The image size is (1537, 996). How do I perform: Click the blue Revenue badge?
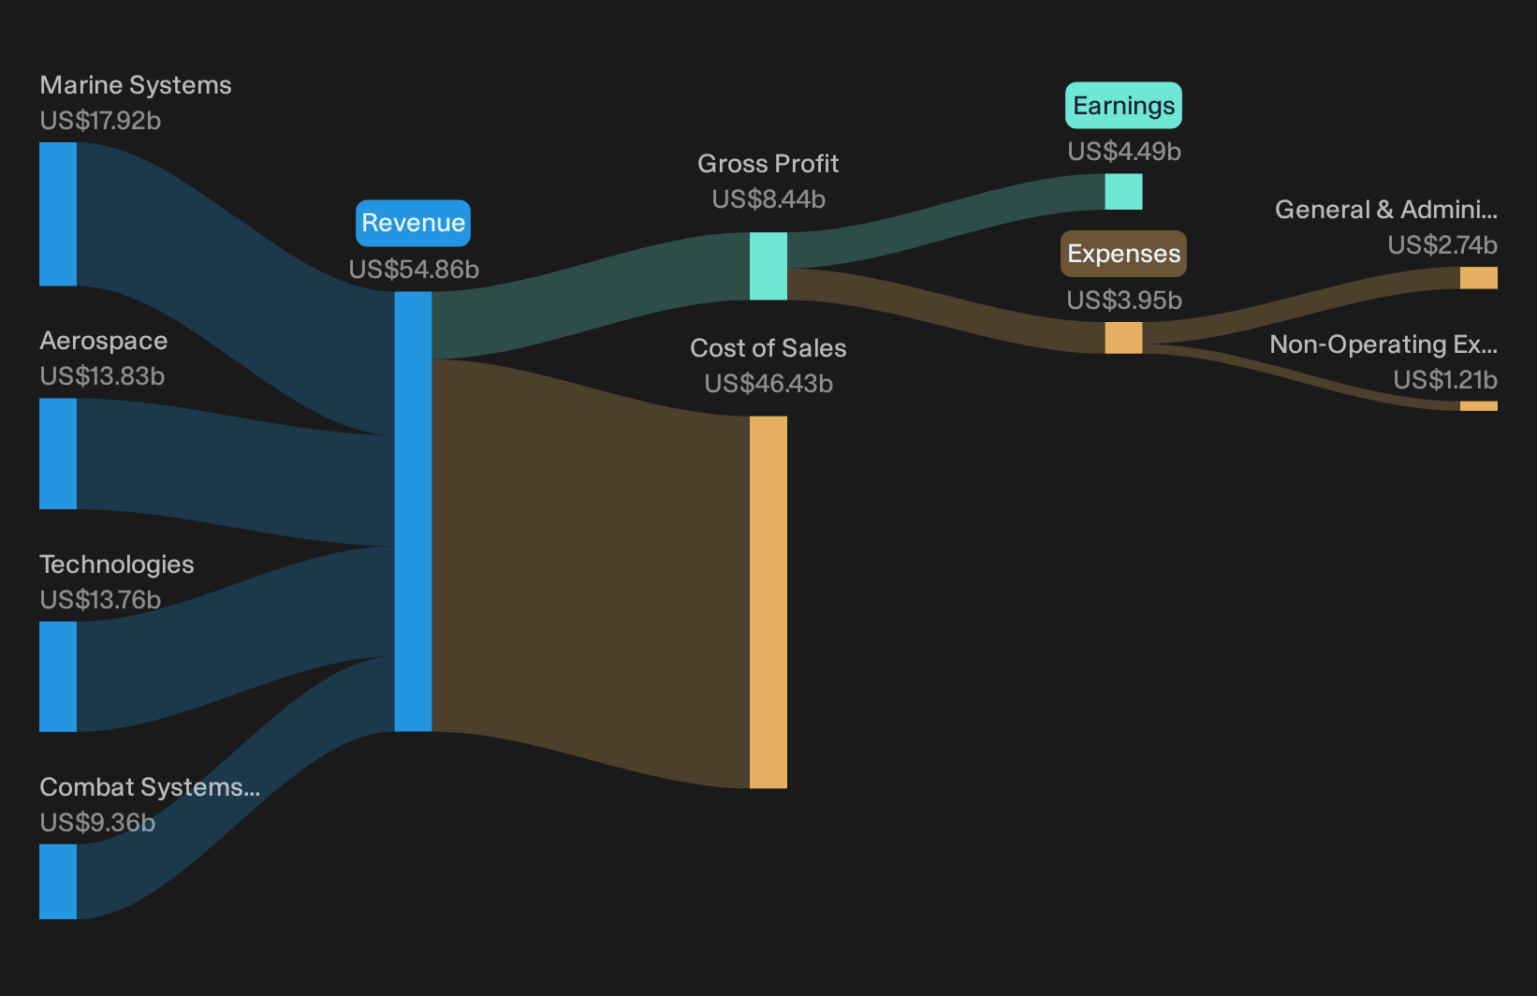click(x=413, y=223)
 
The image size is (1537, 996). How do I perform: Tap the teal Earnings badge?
click(x=1123, y=106)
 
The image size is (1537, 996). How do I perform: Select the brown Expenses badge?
click(x=1123, y=254)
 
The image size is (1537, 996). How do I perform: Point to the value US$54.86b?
click(x=414, y=269)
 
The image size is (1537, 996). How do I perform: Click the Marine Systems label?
click(x=135, y=86)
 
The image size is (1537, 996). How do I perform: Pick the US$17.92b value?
click(x=100, y=121)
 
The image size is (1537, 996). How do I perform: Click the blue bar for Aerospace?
click(x=58, y=454)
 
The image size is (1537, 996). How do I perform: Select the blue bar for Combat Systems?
click(x=58, y=882)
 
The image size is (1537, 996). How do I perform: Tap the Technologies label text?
click(x=117, y=564)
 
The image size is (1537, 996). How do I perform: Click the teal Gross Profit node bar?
click(x=768, y=267)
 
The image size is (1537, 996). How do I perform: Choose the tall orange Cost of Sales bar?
click(x=768, y=602)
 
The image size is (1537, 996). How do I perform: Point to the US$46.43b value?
click(x=768, y=384)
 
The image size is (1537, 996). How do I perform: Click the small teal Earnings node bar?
click(x=1123, y=192)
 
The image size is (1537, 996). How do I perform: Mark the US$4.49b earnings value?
click(x=1124, y=152)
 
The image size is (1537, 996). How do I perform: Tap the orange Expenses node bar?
click(x=1123, y=338)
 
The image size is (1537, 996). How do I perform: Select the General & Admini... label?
click(x=1386, y=210)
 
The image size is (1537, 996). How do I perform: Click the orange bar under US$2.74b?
click(x=1479, y=278)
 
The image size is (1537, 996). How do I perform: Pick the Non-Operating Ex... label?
click(x=1383, y=344)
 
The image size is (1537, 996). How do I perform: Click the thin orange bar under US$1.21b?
click(x=1479, y=406)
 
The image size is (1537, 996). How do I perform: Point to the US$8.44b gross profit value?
click(x=768, y=199)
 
